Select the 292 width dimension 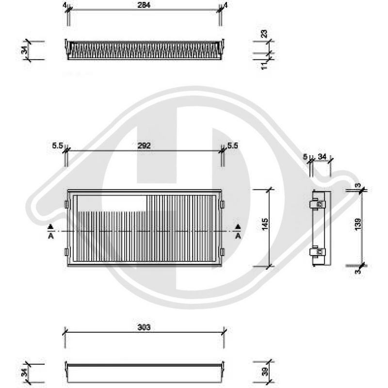coord(144,145)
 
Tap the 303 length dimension coord(144,327)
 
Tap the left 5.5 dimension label coord(57,145)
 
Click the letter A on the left coord(50,236)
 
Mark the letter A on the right coord(238,236)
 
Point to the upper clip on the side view coord(320,204)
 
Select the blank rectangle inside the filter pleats coord(111,203)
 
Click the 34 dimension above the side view coord(322,156)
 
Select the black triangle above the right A coord(238,227)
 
